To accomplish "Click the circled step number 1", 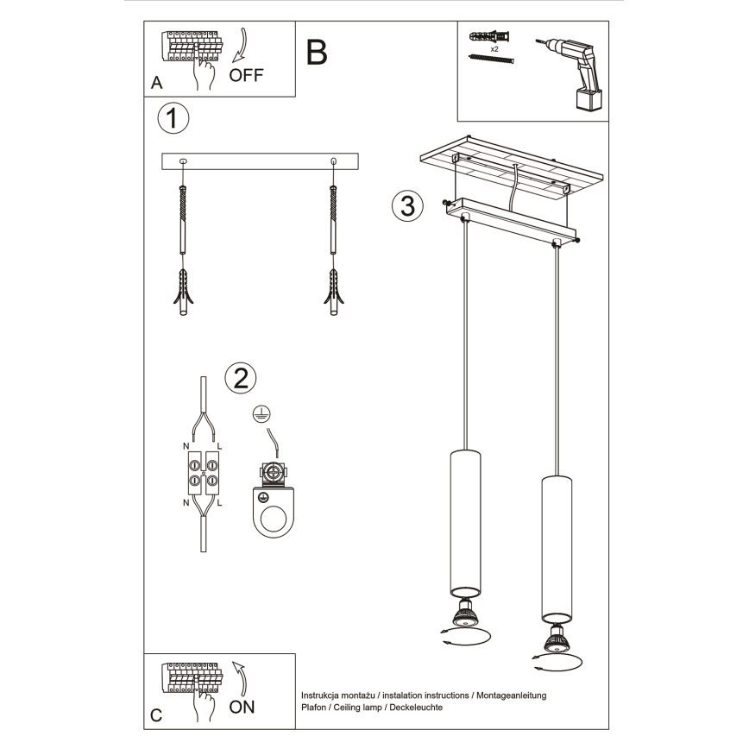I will [173, 119].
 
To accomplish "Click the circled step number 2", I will [241, 377].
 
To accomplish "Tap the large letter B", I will [317, 53].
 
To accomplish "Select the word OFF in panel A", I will [246, 74].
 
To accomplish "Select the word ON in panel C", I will [242, 707].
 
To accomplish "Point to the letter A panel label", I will [156, 83].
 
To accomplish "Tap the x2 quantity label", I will [495, 50].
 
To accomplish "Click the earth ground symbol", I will [260, 416].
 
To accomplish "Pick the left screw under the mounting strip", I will [182, 220].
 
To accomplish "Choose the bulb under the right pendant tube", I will [557, 639].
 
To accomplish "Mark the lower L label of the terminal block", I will [220, 501].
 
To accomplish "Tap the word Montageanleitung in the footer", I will [507, 695].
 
